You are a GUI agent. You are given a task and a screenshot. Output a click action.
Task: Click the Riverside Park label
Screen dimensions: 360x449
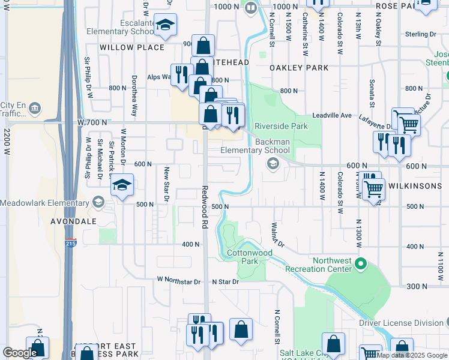click(281, 126)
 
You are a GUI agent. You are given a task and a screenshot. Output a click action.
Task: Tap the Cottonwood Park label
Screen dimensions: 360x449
click(250, 257)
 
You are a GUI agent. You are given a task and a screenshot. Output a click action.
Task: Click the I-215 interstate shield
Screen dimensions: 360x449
click(71, 244)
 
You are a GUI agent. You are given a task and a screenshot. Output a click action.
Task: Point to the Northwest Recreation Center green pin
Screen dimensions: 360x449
click(360, 263)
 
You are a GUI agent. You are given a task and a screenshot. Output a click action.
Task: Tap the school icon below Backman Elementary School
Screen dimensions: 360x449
click(273, 164)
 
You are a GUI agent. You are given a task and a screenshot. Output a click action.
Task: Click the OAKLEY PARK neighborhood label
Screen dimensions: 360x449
click(299, 68)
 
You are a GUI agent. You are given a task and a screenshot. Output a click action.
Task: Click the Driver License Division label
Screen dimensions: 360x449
click(401, 323)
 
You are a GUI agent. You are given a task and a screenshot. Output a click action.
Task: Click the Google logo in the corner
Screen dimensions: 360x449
click(20, 353)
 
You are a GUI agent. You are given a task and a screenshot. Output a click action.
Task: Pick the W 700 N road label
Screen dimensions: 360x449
click(92, 122)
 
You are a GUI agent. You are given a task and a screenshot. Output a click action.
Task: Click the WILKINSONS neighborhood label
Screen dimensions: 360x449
click(415, 186)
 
